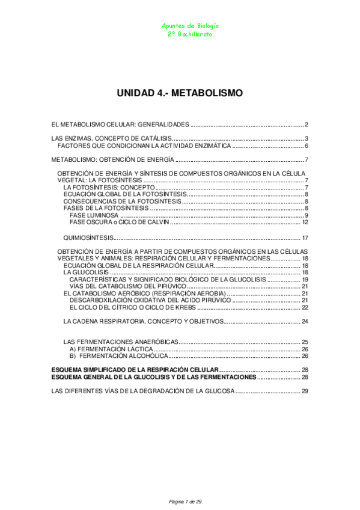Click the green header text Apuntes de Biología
pos(191,26)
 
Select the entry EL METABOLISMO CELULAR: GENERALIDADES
pos(120,125)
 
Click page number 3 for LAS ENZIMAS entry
pos(307,139)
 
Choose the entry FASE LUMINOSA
pos(94,215)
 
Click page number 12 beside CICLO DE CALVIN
pos(305,223)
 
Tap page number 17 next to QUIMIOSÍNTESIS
pos(305,238)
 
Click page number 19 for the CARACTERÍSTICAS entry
pos(305,280)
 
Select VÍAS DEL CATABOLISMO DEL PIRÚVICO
pos(126,286)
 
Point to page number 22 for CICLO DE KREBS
pos(305,307)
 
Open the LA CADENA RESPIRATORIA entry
pos(143,321)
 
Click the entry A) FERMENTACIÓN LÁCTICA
pos(111,349)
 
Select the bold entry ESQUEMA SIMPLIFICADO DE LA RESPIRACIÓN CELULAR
pos(135,369)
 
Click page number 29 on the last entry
pos(305,391)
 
